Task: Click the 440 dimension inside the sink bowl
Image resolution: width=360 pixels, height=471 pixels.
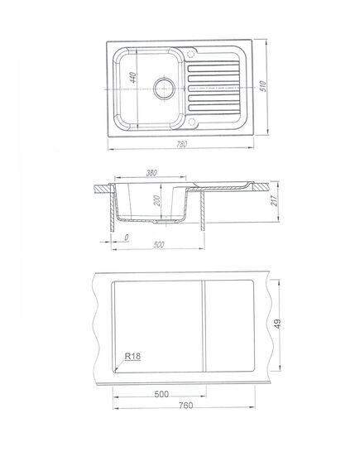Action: point(133,78)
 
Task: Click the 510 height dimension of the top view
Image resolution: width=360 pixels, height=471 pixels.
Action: point(263,86)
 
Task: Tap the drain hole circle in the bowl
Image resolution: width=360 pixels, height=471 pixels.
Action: point(164,89)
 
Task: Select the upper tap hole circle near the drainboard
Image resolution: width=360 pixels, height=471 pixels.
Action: point(191,55)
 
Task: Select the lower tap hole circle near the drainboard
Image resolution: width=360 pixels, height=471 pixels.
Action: point(191,122)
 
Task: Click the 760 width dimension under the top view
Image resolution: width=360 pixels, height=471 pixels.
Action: point(181,145)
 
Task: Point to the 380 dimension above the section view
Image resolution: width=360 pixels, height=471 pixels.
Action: point(151,173)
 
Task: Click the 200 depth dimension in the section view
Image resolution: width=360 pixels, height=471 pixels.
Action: point(157,200)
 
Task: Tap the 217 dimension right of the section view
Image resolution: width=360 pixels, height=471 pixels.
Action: point(274,200)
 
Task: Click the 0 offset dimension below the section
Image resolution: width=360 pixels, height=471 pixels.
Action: point(127,238)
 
